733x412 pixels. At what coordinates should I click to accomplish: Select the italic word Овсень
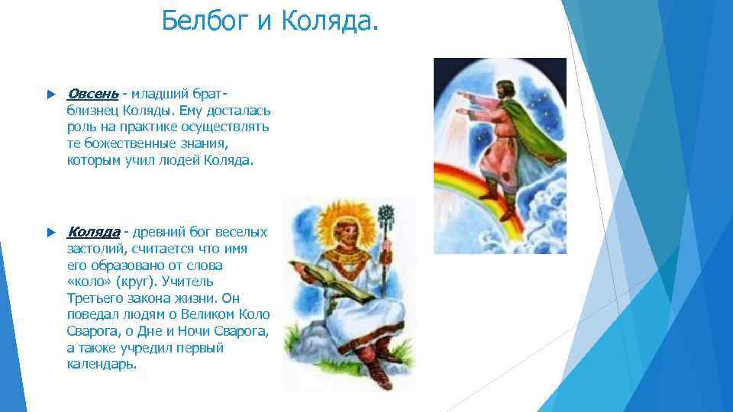92,94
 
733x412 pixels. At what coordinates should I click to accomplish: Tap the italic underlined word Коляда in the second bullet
93,231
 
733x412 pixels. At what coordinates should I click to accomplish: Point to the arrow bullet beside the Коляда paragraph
50,232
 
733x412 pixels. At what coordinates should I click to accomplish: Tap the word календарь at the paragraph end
102,364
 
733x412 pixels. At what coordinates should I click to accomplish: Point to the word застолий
95,248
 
